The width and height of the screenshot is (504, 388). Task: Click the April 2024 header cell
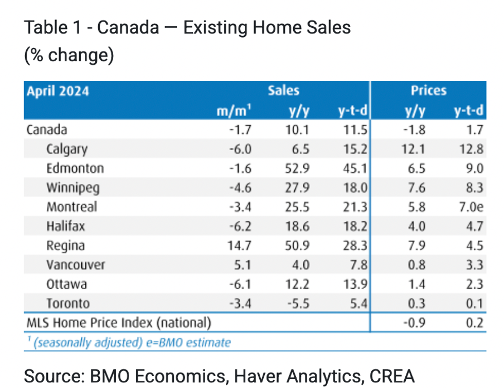tap(58, 91)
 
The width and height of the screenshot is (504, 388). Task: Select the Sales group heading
tap(283, 91)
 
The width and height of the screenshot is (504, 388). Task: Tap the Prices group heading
tap(428, 91)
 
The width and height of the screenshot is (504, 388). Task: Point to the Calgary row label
tap(67, 149)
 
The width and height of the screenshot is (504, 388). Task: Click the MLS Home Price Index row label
tap(118, 323)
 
